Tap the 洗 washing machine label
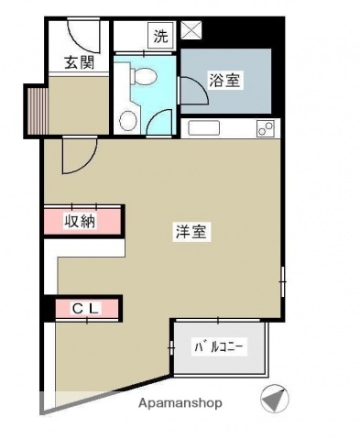pos(160,38)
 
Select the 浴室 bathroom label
pos(224,81)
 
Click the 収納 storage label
pos(80,220)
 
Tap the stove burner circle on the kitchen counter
pos(268,127)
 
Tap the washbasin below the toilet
pos(127,120)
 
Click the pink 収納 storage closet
pos(82,220)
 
